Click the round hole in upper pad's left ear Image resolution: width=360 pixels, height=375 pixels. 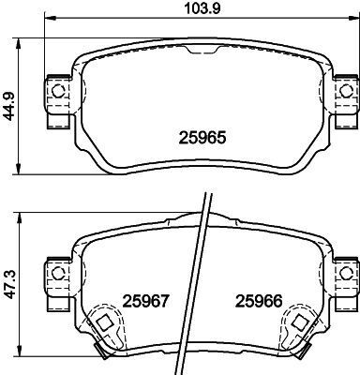(56, 91)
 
